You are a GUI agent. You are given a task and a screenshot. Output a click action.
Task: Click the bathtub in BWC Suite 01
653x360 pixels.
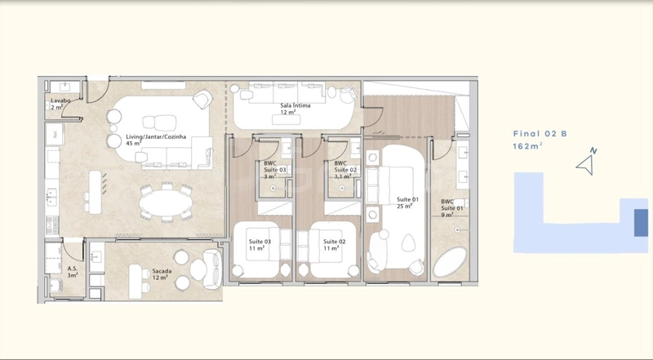click(451, 262)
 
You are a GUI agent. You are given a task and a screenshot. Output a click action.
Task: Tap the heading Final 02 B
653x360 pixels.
click(540, 134)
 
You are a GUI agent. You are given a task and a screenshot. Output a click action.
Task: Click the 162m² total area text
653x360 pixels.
click(527, 146)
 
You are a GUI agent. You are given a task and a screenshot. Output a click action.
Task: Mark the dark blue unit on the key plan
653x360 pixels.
click(641, 223)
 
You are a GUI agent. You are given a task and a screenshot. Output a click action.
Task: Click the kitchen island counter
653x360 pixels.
click(96, 192)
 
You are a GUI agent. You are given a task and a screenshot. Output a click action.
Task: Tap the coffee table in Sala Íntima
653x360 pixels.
click(287, 119)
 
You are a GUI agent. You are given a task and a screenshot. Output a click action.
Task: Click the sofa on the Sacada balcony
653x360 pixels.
click(213, 269)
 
